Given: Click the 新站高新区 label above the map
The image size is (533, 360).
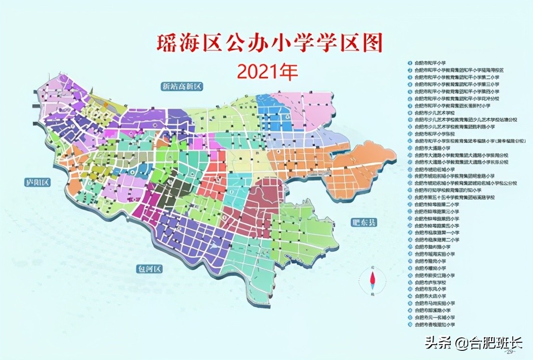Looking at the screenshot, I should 183,87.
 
